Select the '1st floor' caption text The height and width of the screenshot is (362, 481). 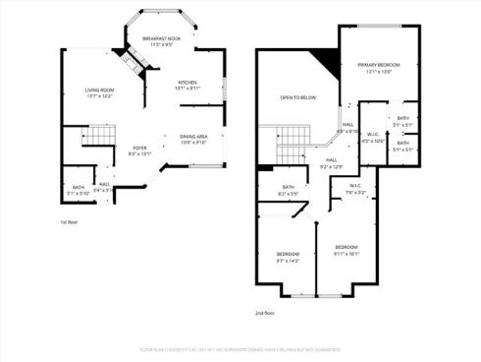(70, 222)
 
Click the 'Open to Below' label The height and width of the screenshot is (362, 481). (297, 97)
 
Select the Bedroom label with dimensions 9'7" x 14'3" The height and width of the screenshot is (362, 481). (288, 258)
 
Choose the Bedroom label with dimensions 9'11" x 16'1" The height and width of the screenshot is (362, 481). (346, 249)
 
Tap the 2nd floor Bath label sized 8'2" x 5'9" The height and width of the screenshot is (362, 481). (289, 190)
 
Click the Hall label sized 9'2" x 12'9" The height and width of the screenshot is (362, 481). (333, 162)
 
